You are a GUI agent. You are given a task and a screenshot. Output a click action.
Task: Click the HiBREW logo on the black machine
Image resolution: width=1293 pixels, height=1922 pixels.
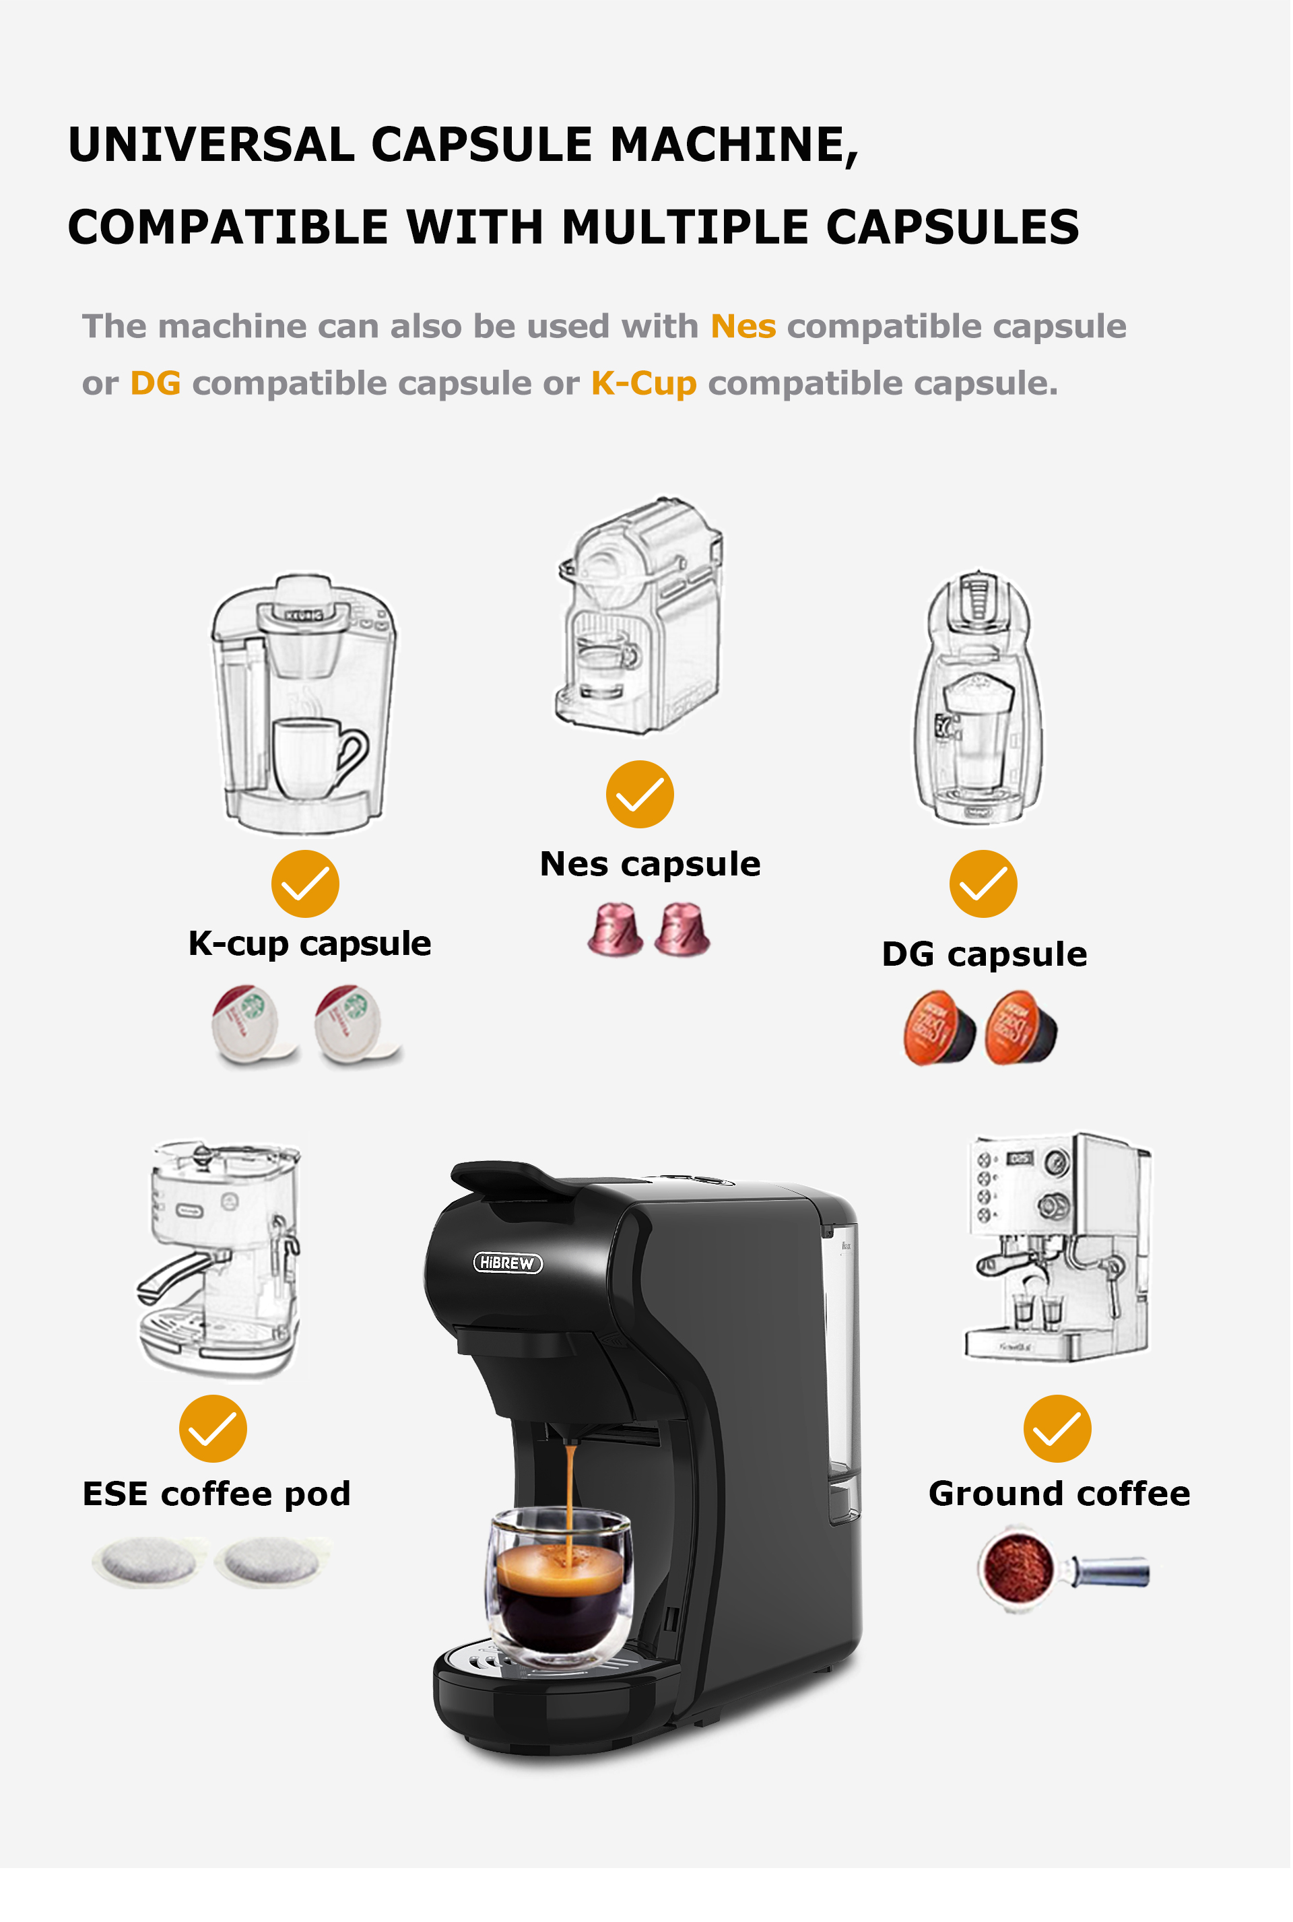(508, 1263)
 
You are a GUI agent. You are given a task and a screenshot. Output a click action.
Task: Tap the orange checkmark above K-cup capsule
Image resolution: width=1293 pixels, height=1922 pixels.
(305, 884)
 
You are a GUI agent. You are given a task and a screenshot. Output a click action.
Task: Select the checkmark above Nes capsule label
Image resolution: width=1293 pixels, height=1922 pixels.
(640, 794)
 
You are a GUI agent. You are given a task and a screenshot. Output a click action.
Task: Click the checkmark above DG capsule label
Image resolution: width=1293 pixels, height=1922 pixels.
(983, 884)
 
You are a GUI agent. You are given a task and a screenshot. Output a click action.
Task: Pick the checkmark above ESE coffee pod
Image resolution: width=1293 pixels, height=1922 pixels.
(213, 1429)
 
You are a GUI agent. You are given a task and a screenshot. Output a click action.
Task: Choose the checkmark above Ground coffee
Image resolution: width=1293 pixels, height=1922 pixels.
(1057, 1429)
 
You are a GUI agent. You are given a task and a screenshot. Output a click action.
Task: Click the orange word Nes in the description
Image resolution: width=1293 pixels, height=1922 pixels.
(743, 327)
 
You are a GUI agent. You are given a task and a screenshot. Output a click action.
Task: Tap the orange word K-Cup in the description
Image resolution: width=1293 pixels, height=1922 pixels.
(644, 383)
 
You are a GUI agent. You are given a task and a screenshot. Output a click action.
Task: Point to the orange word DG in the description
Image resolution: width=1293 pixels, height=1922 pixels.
(155, 383)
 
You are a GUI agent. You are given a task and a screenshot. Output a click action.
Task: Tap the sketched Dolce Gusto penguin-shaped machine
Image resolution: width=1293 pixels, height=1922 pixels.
(978, 698)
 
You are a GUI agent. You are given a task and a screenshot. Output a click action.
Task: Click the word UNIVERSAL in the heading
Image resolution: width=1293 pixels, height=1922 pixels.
(211, 145)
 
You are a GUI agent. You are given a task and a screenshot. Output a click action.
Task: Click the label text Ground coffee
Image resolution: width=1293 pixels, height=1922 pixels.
(1059, 1494)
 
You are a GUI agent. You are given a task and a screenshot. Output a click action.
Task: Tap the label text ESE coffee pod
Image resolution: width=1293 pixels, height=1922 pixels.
(216, 1494)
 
